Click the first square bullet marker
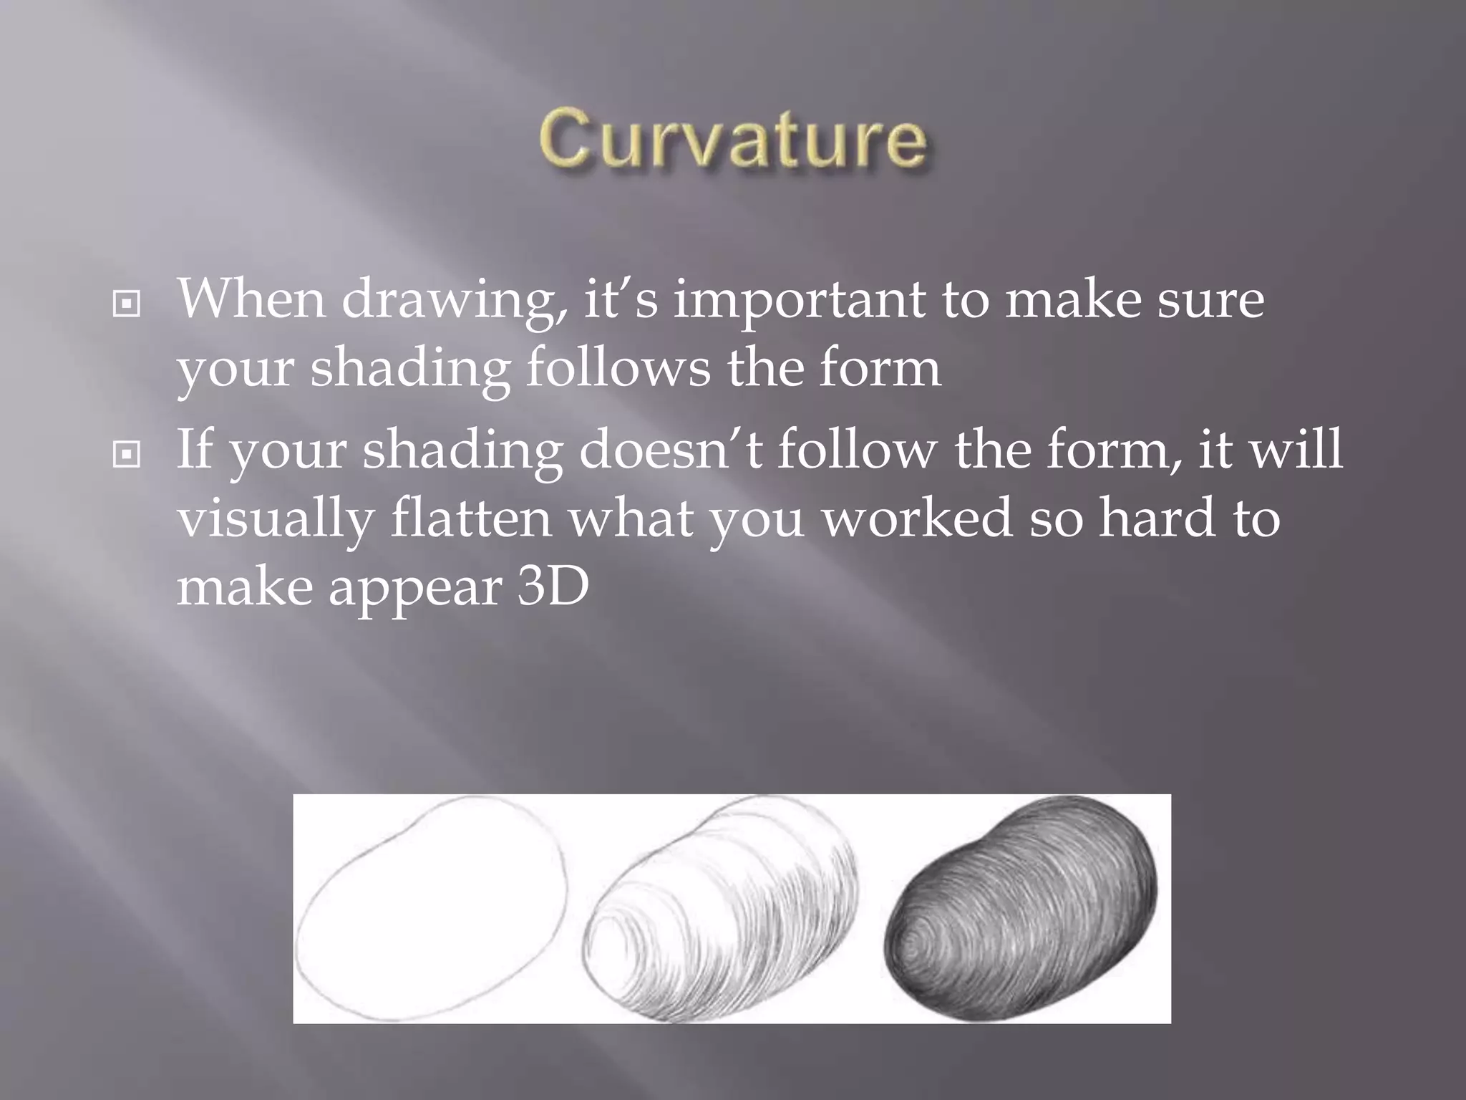click(127, 305)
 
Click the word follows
click(618, 367)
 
